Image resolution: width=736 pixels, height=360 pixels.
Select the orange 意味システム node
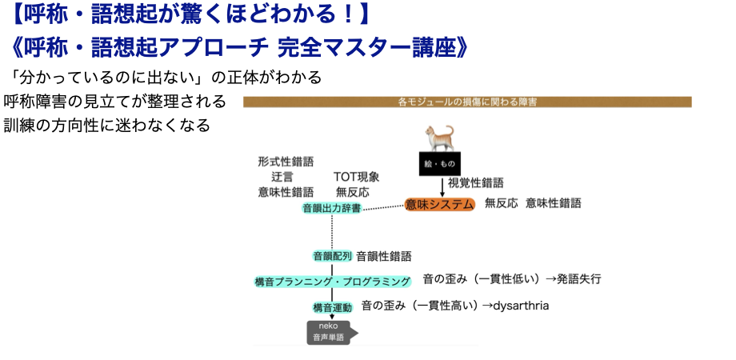pos(440,204)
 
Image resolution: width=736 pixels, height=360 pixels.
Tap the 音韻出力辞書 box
pos(331,208)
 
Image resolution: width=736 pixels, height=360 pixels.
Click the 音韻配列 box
pos(331,256)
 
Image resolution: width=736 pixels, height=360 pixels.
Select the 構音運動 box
pos(331,306)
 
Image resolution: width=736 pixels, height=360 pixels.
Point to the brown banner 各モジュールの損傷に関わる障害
pos(467,102)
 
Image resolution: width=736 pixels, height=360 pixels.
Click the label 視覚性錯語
pos(475,183)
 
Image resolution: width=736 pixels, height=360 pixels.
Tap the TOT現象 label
pos(356,177)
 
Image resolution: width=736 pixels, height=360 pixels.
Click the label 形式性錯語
pos(286,161)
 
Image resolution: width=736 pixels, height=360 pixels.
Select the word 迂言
pos(282,177)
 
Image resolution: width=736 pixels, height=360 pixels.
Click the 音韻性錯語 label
pos(384,256)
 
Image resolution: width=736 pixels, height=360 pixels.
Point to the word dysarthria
pos(522,306)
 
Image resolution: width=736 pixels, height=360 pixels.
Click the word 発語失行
pos(579,279)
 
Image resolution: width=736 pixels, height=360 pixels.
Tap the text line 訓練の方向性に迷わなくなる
pos(106,126)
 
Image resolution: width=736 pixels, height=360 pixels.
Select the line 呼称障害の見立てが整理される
pos(114,102)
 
